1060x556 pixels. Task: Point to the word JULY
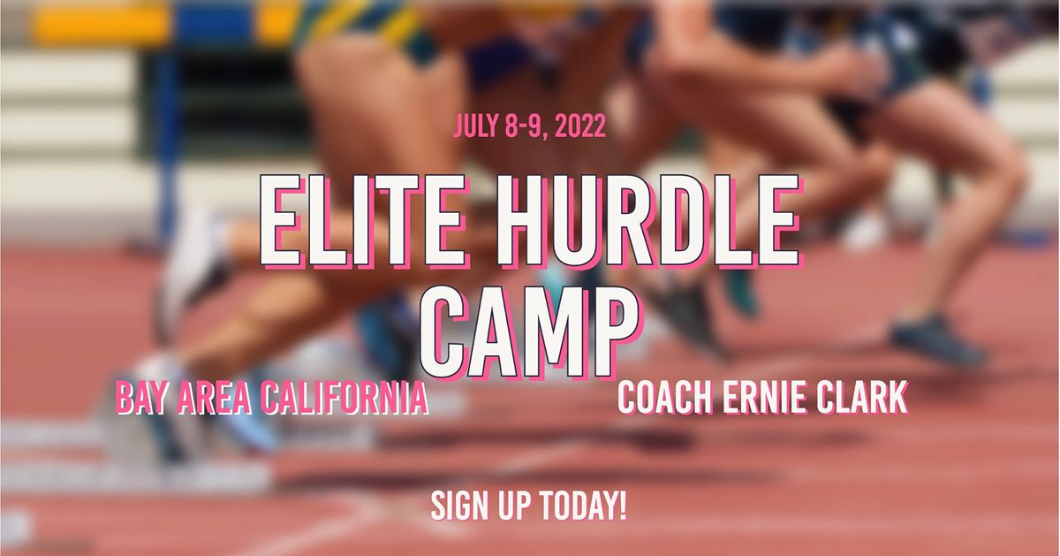tap(477, 126)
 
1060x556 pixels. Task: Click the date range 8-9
tap(524, 126)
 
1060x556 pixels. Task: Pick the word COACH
tap(664, 398)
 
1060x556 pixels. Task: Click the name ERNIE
tap(765, 398)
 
